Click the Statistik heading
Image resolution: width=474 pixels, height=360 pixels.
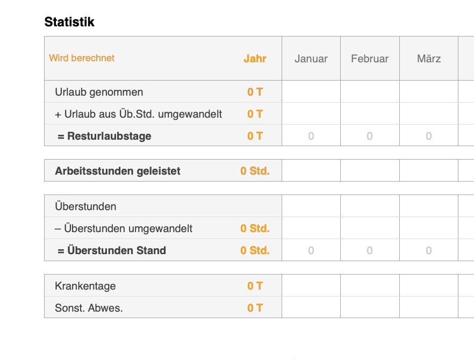[69, 22]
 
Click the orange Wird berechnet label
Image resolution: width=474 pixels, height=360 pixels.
[82, 58]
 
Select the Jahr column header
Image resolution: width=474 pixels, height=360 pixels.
[255, 59]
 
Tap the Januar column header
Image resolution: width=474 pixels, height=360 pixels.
[311, 59]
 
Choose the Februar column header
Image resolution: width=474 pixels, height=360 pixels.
[370, 59]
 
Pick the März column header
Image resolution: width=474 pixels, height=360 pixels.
[429, 59]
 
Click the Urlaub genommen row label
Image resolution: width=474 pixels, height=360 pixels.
[99, 92]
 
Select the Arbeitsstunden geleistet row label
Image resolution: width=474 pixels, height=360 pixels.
[118, 171]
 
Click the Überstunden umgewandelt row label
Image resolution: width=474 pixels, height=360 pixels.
[124, 228]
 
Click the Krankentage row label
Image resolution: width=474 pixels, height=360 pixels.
[85, 286]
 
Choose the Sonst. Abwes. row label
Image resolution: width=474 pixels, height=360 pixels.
[89, 308]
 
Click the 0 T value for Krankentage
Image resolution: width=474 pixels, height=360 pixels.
[255, 286]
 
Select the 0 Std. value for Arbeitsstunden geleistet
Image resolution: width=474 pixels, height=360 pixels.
[255, 171]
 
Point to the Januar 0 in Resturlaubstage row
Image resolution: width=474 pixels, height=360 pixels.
[311, 136]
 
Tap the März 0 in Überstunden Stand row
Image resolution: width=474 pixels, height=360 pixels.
[429, 250]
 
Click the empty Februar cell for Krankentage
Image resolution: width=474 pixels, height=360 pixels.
[370, 286]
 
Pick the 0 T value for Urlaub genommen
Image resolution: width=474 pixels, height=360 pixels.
[255, 92]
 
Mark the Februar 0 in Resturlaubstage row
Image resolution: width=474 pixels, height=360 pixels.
[370, 136]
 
